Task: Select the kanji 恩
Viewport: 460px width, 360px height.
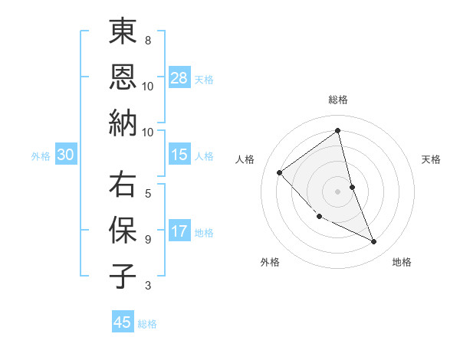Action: tap(123, 77)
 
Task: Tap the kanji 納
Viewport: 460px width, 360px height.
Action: tap(123, 122)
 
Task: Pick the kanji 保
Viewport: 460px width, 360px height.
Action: tap(123, 230)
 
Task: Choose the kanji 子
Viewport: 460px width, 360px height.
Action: tap(123, 276)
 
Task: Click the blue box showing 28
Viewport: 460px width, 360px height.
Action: tap(179, 78)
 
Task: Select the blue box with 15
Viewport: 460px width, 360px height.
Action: tap(179, 155)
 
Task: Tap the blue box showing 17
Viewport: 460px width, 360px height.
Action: tap(179, 231)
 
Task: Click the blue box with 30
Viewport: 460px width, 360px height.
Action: tap(66, 155)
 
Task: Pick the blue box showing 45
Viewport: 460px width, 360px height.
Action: tap(123, 322)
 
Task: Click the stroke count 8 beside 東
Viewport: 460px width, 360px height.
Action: tap(148, 40)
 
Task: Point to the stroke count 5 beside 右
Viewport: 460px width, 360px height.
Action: tap(148, 194)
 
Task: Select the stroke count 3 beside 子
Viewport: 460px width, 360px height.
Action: tap(148, 286)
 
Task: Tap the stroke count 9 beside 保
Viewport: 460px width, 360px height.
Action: tap(148, 239)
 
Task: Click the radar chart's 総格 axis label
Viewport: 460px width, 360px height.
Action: tap(338, 100)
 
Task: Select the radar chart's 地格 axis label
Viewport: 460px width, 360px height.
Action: tap(402, 262)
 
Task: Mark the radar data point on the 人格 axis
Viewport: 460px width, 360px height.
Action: tap(280, 172)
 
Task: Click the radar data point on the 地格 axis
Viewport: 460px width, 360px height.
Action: tap(374, 242)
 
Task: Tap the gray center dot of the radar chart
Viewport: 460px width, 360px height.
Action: tap(338, 191)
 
